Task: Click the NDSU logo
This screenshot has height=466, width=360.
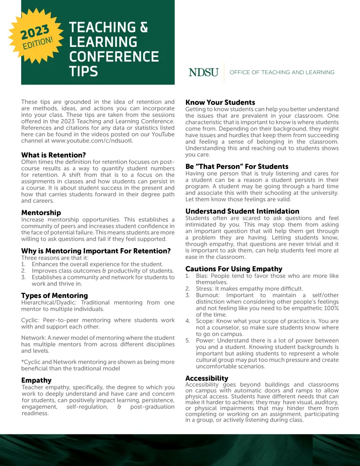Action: [203, 73]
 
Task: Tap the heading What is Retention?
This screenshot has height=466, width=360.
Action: [53, 155]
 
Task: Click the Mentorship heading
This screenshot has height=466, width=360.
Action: [41, 213]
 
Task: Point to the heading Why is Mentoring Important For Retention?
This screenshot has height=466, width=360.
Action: [96, 251]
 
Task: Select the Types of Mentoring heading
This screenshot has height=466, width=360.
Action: [54, 295]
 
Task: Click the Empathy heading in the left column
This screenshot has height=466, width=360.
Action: [37, 380]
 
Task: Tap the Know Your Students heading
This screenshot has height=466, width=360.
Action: [220, 102]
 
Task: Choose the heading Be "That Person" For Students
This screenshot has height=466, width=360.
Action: [237, 167]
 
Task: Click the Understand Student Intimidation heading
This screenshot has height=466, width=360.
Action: [242, 211]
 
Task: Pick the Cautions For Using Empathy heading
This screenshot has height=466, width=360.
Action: [234, 269]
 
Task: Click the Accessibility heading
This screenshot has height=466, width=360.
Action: [207, 378]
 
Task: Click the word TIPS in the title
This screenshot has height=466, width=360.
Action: [84, 71]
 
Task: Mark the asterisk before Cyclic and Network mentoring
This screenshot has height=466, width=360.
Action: [23, 362]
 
